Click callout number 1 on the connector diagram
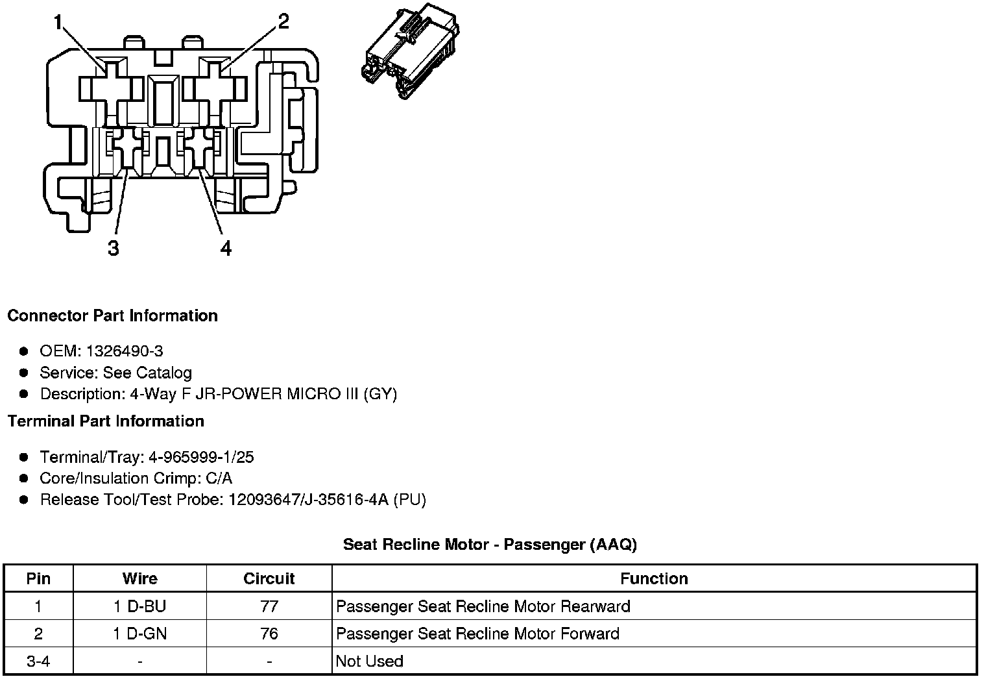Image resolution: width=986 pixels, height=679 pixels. (58, 23)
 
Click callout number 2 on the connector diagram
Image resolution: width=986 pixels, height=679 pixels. (283, 21)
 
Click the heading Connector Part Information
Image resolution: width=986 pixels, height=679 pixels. (112, 315)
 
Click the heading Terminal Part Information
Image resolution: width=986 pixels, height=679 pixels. (106, 421)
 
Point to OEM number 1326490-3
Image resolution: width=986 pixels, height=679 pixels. (124, 351)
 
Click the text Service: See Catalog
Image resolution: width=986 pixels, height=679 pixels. (115, 373)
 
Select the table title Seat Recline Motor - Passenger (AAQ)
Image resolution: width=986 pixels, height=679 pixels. (490, 545)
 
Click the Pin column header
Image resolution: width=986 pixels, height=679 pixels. (38, 578)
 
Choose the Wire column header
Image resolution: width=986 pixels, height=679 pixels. (139, 578)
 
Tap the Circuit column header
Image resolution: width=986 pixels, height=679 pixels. (269, 578)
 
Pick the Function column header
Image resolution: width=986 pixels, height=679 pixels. (654, 578)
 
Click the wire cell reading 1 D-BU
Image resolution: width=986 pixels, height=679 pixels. (139, 606)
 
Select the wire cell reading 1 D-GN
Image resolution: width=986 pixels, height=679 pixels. (139, 634)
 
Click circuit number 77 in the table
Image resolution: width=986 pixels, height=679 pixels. (269, 606)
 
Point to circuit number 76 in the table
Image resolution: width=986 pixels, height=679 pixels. (269, 634)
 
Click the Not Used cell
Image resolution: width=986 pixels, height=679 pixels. (370, 661)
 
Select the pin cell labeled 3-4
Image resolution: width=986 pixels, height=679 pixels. (38, 661)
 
